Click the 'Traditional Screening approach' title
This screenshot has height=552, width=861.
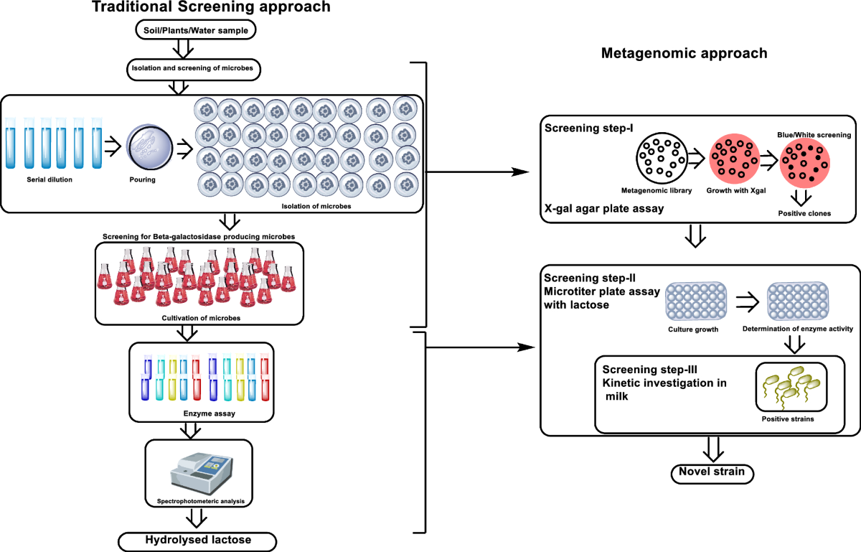pyautogui.click(x=201, y=8)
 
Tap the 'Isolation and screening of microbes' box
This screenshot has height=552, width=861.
pyautogui.click(x=195, y=70)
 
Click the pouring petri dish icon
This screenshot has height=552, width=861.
pyautogui.click(x=149, y=147)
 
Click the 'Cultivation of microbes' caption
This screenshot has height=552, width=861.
pyautogui.click(x=199, y=317)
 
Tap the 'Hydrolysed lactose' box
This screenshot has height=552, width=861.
pyautogui.click(x=199, y=540)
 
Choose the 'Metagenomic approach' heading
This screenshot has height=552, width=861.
pyautogui.click(x=684, y=53)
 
